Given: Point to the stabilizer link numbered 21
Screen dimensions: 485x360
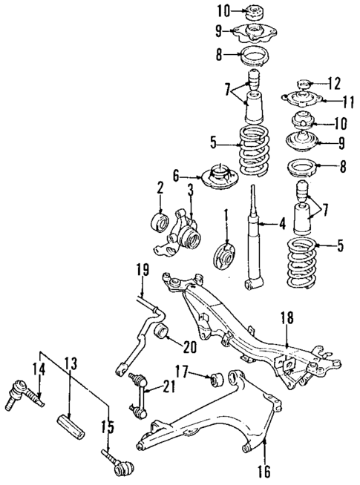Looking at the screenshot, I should [x=137, y=393].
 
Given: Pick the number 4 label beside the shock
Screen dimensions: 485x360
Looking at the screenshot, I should [x=281, y=221].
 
